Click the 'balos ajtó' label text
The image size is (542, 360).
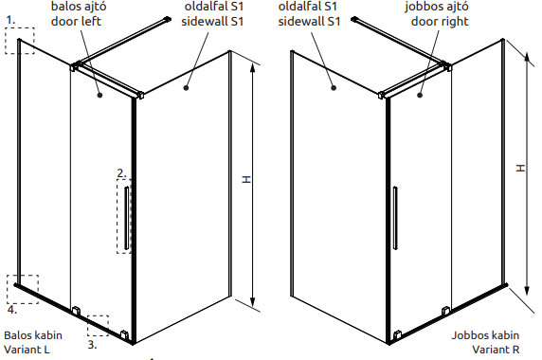[x=79, y=7]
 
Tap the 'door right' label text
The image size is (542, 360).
[x=440, y=22]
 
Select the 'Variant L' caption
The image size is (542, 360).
[x=27, y=350]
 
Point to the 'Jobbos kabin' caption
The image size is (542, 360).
[x=485, y=335]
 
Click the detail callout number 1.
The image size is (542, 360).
[x=10, y=21]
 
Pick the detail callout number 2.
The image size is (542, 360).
[x=121, y=173]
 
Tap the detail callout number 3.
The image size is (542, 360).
[x=92, y=345]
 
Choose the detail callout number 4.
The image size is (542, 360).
[x=12, y=310]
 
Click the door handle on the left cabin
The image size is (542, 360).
[x=127, y=218]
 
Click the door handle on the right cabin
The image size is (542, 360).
[x=395, y=218]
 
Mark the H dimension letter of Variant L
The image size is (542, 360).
[x=246, y=179]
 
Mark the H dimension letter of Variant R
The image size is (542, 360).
[x=520, y=168]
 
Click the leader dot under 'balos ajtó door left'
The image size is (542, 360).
[x=99, y=95]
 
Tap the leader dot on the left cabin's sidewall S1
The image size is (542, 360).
[x=186, y=88]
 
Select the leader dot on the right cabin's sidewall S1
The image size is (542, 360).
[x=334, y=88]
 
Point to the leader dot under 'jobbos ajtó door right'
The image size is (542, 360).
[x=420, y=95]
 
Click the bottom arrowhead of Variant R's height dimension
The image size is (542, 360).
[x=527, y=290]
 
